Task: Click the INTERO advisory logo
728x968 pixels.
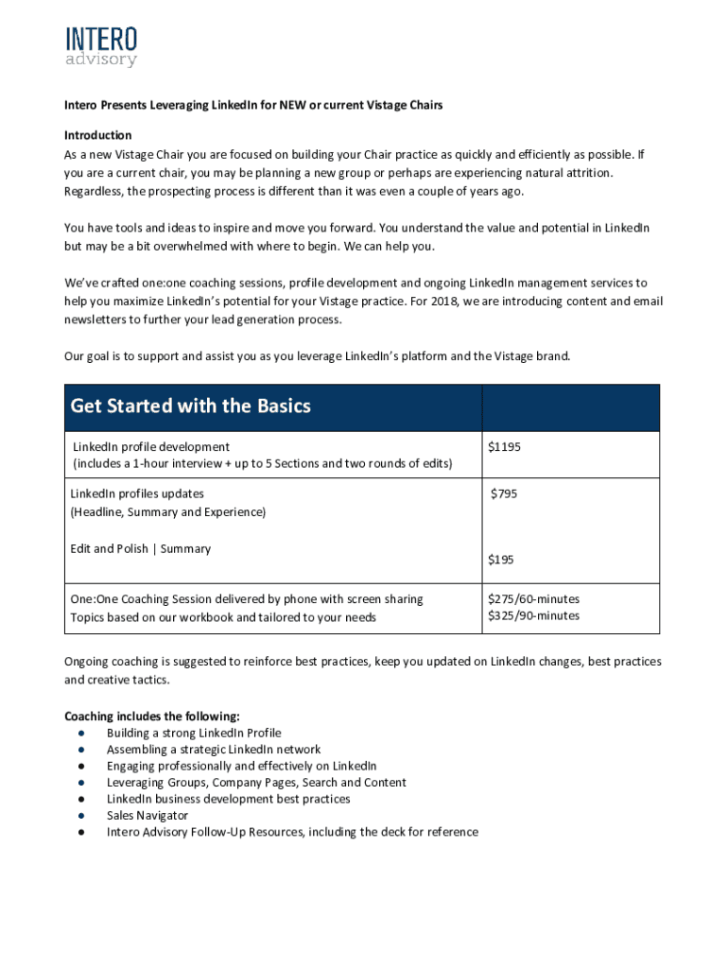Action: pyautogui.click(x=101, y=46)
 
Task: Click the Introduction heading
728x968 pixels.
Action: pyautogui.click(x=97, y=135)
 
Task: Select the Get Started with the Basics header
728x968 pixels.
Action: pyautogui.click(x=190, y=406)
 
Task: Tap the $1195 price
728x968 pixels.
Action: pyautogui.click(x=504, y=446)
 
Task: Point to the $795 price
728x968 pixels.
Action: pyautogui.click(x=504, y=493)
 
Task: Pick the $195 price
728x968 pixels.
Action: pyautogui.click(x=500, y=560)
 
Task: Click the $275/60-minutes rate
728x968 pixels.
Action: pyautogui.click(x=533, y=599)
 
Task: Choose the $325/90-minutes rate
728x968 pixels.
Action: pyautogui.click(x=533, y=615)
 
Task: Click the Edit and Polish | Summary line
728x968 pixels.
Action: pyautogui.click(x=140, y=549)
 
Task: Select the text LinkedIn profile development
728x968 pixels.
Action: pyautogui.click(x=151, y=446)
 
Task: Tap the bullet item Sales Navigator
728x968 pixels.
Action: pyautogui.click(x=147, y=816)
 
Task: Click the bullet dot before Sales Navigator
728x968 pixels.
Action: pyautogui.click(x=83, y=816)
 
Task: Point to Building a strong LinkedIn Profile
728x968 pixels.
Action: pyautogui.click(x=193, y=734)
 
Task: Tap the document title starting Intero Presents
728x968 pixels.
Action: pyautogui.click(x=252, y=106)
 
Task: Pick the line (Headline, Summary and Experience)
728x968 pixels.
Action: pyautogui.click(x=167, y=512)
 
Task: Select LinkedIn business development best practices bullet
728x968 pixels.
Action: pyautogui.click(x=228, y=799)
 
